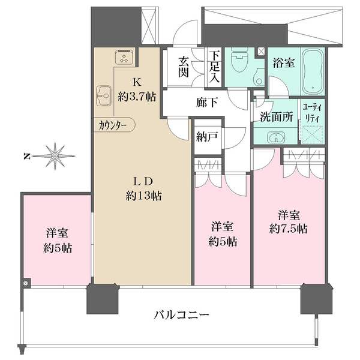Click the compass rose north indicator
[x=54, y=157]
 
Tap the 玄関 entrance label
[x=184, y=68]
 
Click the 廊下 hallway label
[x=206, y=103]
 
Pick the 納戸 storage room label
[x=206, y=136]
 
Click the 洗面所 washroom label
[x=277, y=117]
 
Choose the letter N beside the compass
[x=27, y=157]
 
